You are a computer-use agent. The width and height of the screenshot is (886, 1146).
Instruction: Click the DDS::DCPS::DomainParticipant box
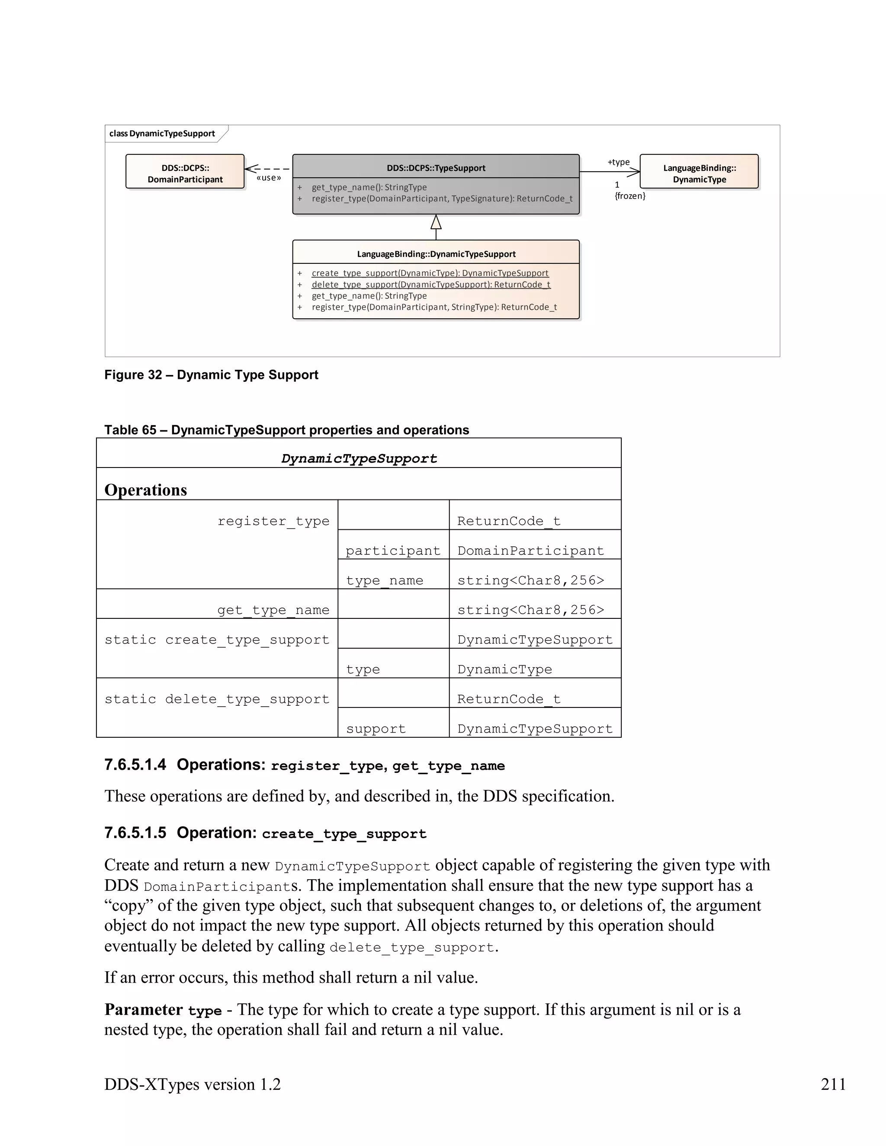[x=185, y=172]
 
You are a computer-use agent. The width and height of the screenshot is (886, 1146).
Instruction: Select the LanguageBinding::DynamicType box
[x=699, y=172]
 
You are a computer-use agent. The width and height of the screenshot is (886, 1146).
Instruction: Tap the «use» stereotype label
[x=269, y=178]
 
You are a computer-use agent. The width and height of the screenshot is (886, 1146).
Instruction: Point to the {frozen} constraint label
[x=630, y=196]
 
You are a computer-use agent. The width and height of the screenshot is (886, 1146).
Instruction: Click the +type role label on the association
[x=618, y=162]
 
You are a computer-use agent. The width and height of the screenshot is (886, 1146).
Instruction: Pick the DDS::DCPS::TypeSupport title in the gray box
[x=436, y=168]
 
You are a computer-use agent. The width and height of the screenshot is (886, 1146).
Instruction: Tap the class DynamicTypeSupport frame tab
[x=162, y=133]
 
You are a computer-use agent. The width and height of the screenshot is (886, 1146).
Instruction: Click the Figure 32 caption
[x=211, y=375]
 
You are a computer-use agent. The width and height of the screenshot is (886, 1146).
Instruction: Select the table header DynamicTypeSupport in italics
[x=359, y=458]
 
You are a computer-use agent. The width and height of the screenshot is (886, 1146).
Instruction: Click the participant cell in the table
[x=393, y=551]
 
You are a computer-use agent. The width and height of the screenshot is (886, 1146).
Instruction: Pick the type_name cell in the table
[x=384, y=580]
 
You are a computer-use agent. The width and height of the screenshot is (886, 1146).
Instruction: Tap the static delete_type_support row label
[x=217, y=699]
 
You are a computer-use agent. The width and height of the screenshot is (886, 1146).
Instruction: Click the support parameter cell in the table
[x=376, y=728]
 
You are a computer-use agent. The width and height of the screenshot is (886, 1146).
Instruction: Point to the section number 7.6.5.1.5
[x=135, y=833]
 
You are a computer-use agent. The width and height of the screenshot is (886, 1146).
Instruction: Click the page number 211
[x=833, y=1084]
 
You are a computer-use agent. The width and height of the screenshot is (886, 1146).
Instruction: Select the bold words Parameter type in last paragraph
[x=162, y=1010]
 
